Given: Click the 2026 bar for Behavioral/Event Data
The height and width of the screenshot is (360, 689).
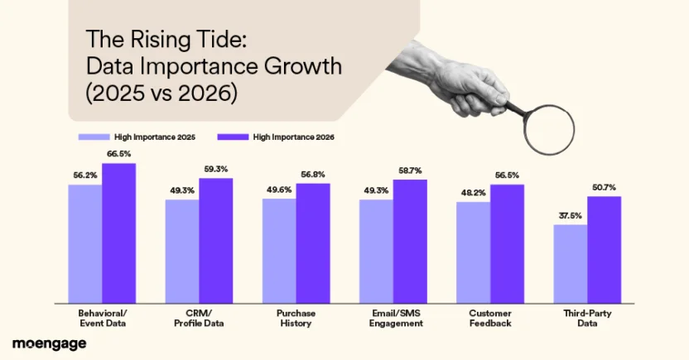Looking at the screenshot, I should (119, 233).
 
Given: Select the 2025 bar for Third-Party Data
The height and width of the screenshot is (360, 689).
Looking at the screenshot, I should (570, 263).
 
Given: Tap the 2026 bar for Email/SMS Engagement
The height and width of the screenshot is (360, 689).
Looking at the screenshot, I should (410, 241).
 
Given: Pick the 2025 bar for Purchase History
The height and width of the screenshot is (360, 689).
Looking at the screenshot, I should (279, 250).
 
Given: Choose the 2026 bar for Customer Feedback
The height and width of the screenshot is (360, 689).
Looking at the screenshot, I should (507, 243).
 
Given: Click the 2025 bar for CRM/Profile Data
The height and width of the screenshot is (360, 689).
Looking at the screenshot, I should (181, 250).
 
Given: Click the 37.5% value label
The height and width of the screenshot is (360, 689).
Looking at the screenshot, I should (570, 217).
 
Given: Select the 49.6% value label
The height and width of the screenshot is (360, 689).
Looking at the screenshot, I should (279, 190).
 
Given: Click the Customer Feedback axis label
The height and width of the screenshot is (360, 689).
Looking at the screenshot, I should (490, 319).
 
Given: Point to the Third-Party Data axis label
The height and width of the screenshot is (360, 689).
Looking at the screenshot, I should (587, 319).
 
